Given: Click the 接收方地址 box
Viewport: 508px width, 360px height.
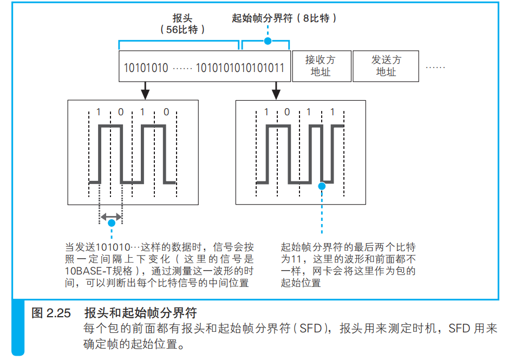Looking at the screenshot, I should (x=321, y=66).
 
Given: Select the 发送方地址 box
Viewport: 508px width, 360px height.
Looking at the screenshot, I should (x=386, y=66).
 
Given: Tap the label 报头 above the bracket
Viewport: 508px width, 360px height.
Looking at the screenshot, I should (x=182, y=18).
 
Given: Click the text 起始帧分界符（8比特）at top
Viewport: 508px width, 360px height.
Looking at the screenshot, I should (x=284, y=18).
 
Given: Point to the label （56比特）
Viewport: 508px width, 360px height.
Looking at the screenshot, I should (x=183, y=30).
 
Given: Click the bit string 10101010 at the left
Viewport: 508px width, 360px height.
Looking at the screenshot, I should (x=146, y=68).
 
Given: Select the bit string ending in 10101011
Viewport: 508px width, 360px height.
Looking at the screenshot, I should (x=240, y=68).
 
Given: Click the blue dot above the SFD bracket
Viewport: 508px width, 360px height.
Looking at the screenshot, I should (x=266, y=41).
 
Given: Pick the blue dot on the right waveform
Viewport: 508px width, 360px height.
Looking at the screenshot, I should (x=322, y=186).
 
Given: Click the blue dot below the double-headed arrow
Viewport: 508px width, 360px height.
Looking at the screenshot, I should (x=111, y=222).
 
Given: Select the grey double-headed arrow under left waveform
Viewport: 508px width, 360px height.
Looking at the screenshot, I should (x=111, y=216).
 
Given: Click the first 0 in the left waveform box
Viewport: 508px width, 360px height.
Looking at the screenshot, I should (x=120, y=113).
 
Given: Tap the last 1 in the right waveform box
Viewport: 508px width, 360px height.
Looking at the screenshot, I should (x=332, y=113).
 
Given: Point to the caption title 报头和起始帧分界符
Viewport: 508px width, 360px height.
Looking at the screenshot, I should (x=140, y=313).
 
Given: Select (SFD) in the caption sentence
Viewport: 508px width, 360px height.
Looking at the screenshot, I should (x=313, y=329).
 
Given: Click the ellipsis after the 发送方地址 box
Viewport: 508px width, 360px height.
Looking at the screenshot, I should (x=435, y=67).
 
